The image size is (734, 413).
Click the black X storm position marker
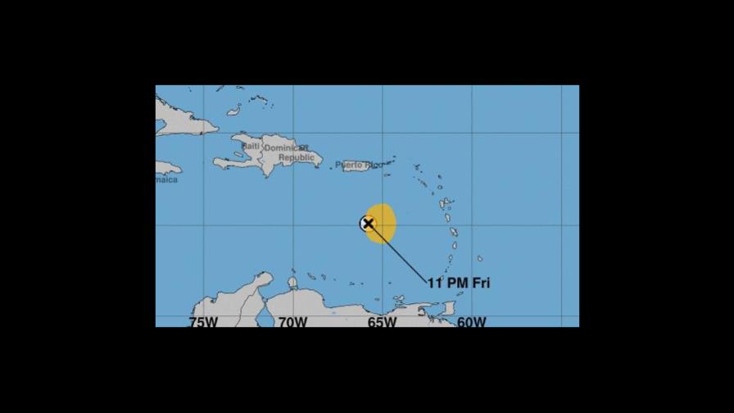(368, 223)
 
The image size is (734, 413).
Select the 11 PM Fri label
(458, 283)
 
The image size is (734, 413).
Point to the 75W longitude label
(203, 322)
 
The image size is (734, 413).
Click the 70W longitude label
(292, 322)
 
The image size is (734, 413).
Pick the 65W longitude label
(382, 322)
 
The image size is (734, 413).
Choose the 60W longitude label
(471, 322)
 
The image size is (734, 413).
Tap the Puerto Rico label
(358, 166)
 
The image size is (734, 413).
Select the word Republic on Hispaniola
(296, 157)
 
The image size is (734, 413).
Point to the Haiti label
(250, 146)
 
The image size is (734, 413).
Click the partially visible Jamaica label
(166, 179)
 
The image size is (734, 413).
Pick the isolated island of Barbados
(479, 258)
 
